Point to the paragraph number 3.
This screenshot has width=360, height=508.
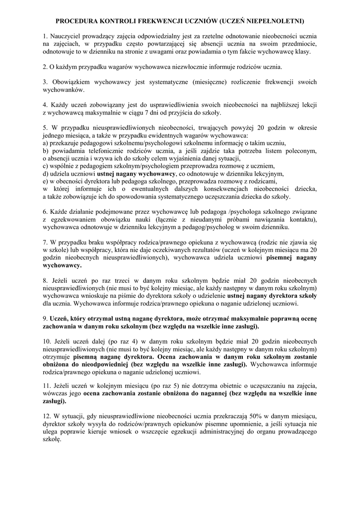pos(45,81)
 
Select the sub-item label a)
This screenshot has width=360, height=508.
pos(46,142)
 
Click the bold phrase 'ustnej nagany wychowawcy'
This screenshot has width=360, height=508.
pos(136,174)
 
